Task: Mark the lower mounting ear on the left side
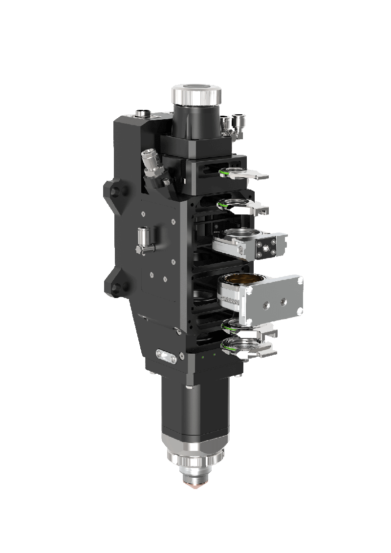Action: click(x=113, y=285)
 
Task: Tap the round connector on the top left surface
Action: click(x=143, y=114)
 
